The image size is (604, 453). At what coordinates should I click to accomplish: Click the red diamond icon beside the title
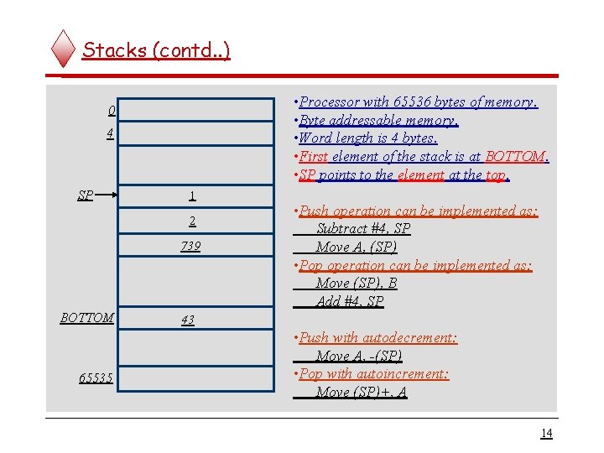64,49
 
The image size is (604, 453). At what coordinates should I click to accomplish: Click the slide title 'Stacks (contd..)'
156,49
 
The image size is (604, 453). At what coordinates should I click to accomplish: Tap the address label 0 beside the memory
112,112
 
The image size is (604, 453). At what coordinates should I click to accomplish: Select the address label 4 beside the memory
111,133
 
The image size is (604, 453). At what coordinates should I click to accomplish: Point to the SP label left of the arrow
86,195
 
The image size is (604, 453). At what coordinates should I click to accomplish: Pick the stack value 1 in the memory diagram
192,196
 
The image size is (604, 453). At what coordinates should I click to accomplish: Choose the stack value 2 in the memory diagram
192,221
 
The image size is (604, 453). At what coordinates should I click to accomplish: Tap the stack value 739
190,247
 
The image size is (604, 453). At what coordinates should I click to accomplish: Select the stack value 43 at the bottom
187,320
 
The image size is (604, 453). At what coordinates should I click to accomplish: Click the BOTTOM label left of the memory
87,318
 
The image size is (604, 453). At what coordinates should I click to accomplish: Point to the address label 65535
96,378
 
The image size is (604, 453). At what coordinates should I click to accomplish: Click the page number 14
546,433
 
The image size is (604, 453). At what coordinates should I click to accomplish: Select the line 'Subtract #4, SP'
363,229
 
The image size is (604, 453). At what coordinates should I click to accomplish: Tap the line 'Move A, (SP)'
357,247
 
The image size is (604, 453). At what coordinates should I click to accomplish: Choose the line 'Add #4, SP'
350,301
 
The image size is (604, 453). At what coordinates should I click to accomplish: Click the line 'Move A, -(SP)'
359,356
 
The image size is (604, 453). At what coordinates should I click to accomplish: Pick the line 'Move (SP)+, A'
362,392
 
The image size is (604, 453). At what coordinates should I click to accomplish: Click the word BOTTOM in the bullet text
515,156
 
